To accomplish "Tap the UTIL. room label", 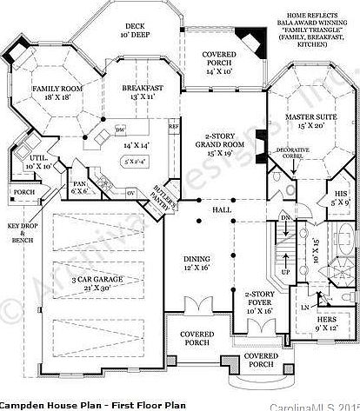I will coord(38,158).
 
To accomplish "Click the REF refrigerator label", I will coord(173,126).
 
